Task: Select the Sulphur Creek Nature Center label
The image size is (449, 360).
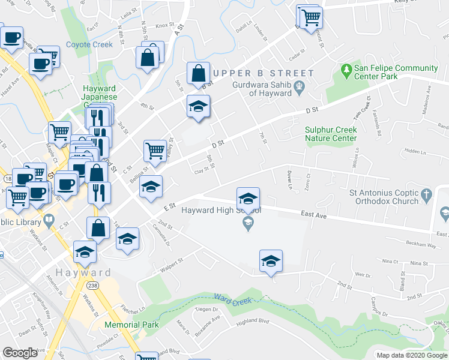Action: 331,134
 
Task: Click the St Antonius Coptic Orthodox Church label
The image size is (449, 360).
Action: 384,197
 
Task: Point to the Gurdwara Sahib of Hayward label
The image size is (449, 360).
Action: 262,89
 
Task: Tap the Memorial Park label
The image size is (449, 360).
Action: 131,325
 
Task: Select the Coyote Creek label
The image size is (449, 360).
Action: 89,44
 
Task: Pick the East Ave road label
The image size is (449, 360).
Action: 313,214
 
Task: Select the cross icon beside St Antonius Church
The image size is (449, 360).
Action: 426,195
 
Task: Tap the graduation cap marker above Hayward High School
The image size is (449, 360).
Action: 248,198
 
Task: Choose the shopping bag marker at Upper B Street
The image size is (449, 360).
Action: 198,73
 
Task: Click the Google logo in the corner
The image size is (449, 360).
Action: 20,353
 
